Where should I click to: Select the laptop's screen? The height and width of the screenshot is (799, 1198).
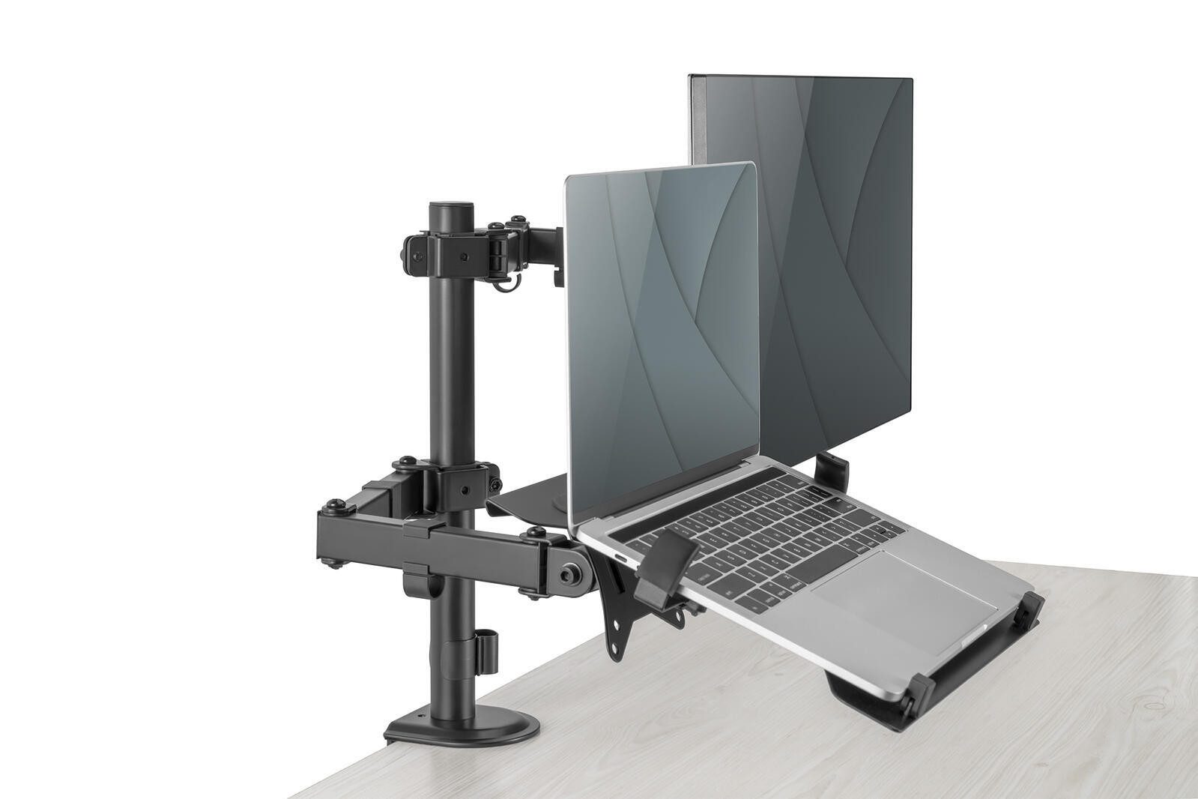(659, 330)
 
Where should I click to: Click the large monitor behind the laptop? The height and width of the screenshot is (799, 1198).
(839, 225)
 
